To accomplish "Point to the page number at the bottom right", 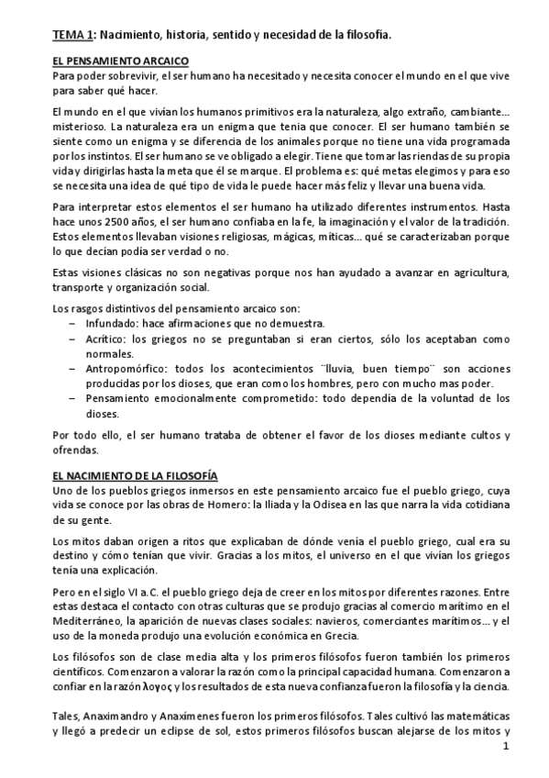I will point(506,749).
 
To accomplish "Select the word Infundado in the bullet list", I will point(110,323).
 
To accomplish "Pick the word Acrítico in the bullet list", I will point(106,339).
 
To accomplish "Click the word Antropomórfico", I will point(127,367).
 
